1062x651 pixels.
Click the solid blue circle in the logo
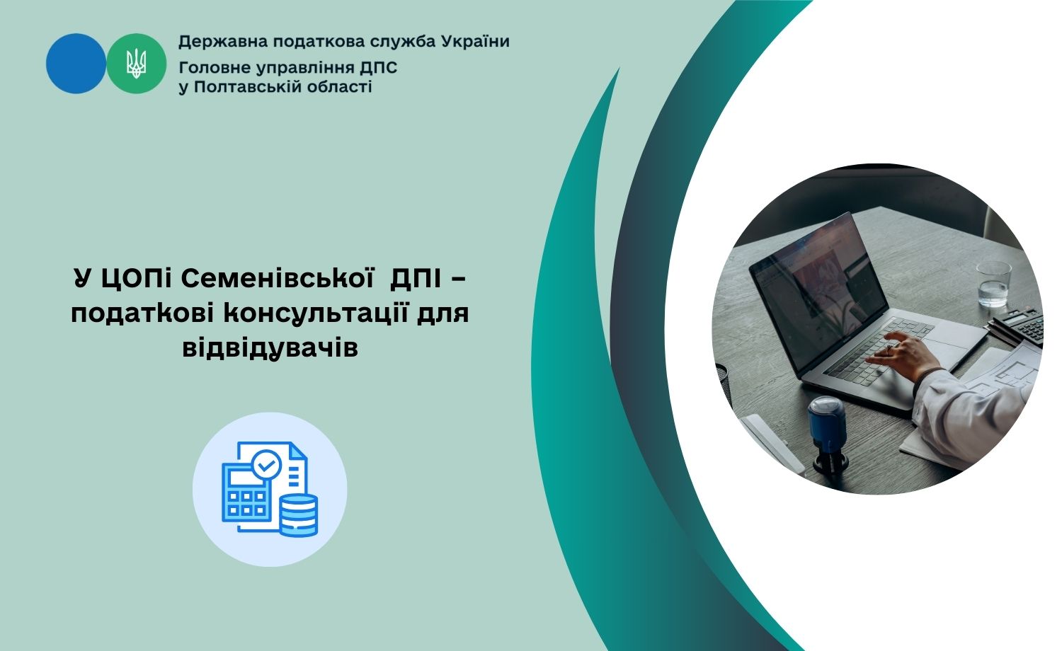click(x=76, y=64)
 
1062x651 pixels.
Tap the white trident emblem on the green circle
click(x=136, y=63)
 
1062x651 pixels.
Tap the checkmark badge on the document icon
click(x=266, y=465)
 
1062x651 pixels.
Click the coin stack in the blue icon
click(x=298, y=515)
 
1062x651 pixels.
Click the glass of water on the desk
click(x=993, y=284)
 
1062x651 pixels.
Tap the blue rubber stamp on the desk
click(x=828, y=435)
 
